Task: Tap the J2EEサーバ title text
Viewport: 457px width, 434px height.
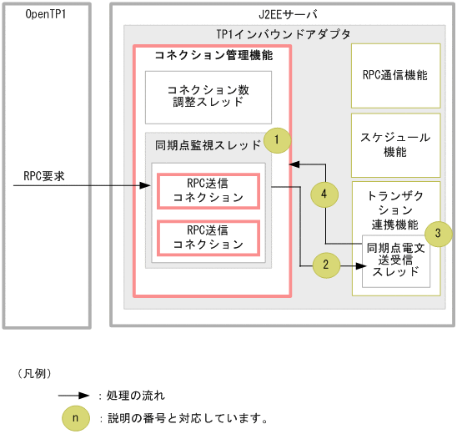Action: point(284,15)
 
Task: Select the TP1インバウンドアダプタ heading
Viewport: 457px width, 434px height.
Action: point(283,34)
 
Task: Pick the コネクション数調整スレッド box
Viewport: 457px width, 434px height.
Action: point(205,96)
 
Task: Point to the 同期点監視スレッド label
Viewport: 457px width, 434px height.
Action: point(208,145)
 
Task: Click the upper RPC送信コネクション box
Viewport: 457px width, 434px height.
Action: point(208,191)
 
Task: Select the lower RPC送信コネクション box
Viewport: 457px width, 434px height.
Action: point(208,237)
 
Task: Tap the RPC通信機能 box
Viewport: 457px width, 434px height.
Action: point(395,74)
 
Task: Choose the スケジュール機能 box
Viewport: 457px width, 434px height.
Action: point(395,144)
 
